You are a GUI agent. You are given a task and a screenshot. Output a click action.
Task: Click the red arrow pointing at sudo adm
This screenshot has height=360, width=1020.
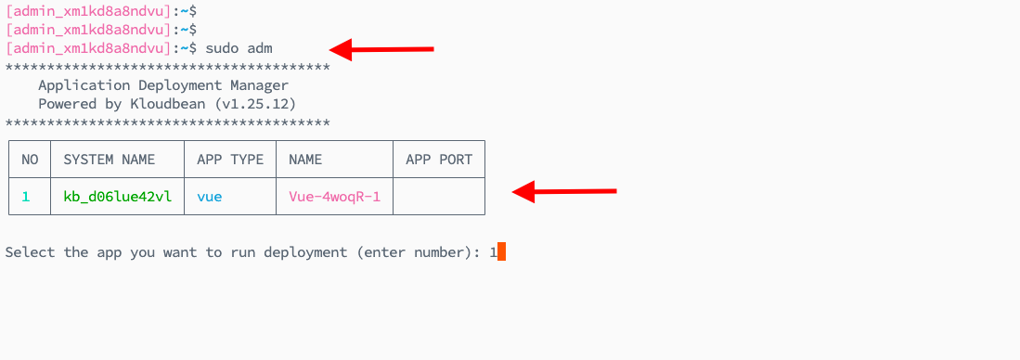[382, 48]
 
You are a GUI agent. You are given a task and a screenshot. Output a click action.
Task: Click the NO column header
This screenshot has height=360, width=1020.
[30, 160]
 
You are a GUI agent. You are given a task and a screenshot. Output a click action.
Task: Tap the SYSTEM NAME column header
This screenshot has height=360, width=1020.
[110, 160]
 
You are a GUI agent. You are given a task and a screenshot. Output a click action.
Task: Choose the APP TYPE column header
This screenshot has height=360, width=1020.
[230, 160]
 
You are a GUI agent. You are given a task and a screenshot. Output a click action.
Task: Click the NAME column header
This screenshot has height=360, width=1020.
[305, 160]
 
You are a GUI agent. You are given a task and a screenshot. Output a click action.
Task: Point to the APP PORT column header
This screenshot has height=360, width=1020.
[439, 160]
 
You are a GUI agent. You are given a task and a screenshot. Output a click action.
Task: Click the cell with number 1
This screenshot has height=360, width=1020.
[26, 197]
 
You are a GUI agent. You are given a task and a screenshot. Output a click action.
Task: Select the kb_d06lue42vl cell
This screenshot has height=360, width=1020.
[117, 197]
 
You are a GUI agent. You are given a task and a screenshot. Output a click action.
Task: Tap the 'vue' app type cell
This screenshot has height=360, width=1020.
[210, 197]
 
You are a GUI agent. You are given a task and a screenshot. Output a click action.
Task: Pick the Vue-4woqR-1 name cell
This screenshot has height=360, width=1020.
[334, 197]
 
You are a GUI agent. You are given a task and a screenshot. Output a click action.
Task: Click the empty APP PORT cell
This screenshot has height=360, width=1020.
[439, 197]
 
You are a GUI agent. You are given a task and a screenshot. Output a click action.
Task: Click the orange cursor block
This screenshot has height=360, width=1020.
[502, 251]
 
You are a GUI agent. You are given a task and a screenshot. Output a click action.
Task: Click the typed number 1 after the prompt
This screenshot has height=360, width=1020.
[494, 251]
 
